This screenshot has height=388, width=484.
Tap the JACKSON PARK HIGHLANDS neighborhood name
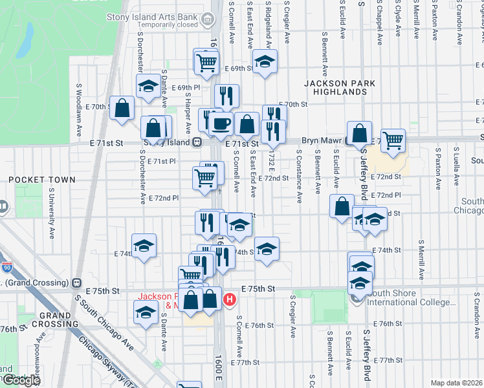click(x=335, y=87)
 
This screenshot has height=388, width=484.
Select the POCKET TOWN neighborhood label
click(x=41, y=180)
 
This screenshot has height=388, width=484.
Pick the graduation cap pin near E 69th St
click(x=264, y=62)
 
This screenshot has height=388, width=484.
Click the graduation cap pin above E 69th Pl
click(x=148, y=86)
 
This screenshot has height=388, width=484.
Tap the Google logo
click(x=21, y=380)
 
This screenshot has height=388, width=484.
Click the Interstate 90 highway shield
click(x=7, y=266)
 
